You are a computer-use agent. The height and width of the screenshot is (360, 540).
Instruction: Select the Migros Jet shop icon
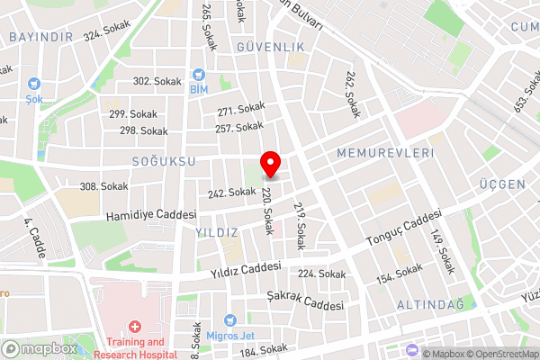pyautogui.click(x=230, y=320)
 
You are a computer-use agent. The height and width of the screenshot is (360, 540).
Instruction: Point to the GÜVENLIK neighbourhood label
pyautogui.click(x=265, y=46)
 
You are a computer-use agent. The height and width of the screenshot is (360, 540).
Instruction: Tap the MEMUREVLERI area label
pyautogui.click(x=384, y=154)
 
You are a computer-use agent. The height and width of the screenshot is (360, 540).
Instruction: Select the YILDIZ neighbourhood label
pyautogui.click(x=217, y=232)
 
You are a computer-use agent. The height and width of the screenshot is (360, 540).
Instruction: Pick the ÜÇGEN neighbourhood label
pyautogui.click(x=502, y=184)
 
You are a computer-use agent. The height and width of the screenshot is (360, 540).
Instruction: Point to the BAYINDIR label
pyautogui.click(x=40, y=37)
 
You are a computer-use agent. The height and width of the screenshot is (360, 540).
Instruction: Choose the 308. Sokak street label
pyautogui.click(x=103, y=186)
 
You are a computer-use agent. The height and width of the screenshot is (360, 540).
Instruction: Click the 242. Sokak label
pyautogui.click(x=231, y=192)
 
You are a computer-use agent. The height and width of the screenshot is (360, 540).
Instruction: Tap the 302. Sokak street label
pyautogui.click(x=157, y=81)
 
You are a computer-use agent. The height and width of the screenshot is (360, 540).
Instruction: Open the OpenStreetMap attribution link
pyautogui.click(x=499, y=354)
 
